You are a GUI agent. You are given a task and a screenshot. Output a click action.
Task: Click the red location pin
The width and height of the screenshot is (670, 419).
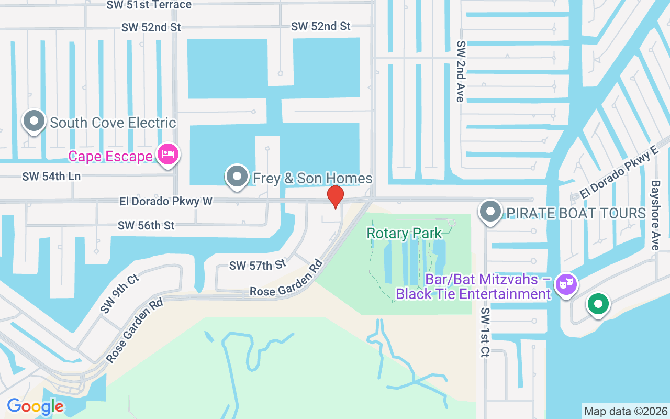point(335,196)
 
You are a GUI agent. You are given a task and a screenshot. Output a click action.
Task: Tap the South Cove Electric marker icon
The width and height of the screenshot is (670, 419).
point(35,121)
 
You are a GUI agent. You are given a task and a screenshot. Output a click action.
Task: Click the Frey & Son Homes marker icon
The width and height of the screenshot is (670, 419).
point(237,177)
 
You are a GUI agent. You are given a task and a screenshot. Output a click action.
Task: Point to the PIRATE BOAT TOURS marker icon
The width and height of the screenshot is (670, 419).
point(490,212)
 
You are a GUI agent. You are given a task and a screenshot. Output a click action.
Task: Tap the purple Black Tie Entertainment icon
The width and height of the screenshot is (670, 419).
point(566,284)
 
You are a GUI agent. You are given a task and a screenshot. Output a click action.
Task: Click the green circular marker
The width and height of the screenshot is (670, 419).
point(598,304)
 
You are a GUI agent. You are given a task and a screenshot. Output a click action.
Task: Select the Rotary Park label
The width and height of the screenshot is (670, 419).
point(405,233)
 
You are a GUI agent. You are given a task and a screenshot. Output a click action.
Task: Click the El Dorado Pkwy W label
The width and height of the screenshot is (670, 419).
point(166,201)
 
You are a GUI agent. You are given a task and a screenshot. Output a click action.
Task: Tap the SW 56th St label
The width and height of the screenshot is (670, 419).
point(146,226)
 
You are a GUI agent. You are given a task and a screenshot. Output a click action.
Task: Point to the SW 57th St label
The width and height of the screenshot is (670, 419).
point(258,265)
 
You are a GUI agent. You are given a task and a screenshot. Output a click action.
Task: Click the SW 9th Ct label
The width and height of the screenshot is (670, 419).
point(120,294)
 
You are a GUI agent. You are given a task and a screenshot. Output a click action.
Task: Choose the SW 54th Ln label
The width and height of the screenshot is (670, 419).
point(51,177)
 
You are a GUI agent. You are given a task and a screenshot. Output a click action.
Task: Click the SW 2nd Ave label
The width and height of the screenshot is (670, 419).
point(461,71)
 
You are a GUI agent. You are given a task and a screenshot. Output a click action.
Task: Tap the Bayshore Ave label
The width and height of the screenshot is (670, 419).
point(655,215)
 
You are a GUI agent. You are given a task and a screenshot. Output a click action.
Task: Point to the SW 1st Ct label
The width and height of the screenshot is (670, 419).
point(485,333)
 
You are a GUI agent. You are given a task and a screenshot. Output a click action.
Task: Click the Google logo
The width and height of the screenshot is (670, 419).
point(35,406)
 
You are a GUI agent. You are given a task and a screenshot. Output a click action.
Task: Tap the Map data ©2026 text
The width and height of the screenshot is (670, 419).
point(626,411)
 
